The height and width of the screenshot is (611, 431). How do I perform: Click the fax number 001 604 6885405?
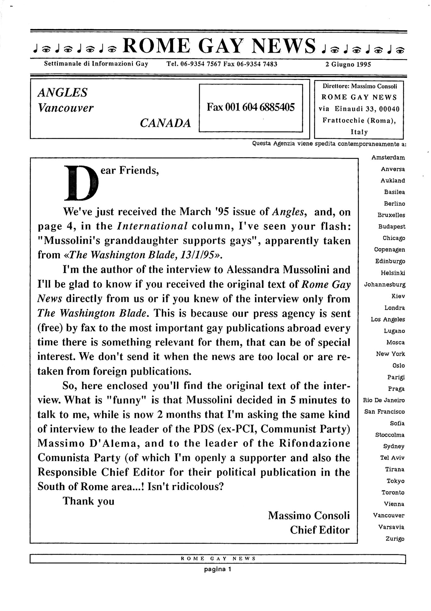click(x=250, y=108)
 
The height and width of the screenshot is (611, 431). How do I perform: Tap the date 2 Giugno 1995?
click(x=348, y=64)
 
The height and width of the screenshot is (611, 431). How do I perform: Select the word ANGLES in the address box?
click(x=63, y=93)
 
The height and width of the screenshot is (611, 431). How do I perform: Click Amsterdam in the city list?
click(x=388, y=158)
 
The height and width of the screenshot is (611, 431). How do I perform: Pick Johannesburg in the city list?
click(x=385, y=285)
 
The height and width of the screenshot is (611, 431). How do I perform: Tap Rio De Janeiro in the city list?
click(x=384, y=400)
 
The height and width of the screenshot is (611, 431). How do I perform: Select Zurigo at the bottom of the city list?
click(x=395, y=539)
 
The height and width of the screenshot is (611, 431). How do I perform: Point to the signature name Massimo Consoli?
click(x=309, y=516)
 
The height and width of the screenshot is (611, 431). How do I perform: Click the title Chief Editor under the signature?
click(x=319, y=530)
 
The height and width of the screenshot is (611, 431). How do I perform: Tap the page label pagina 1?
click(x=217, y=569)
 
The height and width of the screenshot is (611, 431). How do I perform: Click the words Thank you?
click(x=89, y=501)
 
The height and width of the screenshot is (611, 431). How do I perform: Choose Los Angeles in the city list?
click(x=388, y=319)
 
